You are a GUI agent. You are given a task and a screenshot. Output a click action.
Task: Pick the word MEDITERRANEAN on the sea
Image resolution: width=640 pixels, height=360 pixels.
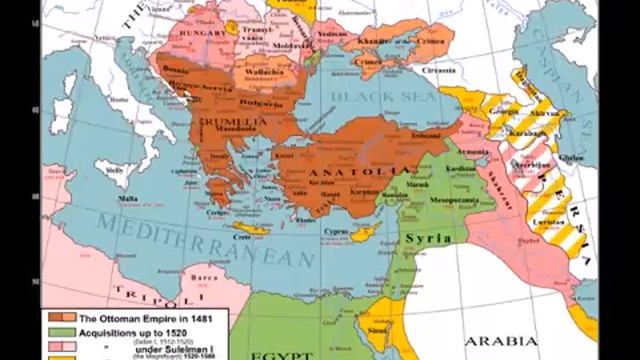point(200,241)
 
